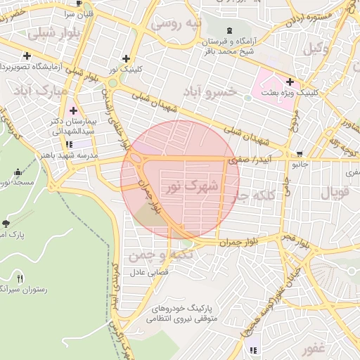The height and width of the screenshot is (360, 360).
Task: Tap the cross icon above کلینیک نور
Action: click(x=126, y=58)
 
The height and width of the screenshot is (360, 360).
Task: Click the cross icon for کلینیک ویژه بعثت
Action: click(x=290, y=82)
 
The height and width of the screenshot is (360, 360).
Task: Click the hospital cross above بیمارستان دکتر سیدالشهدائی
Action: click(x=74, y=110)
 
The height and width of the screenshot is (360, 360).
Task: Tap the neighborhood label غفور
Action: click(x=315, y=349)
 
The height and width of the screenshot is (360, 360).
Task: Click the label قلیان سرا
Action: click(x=79, y=13)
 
